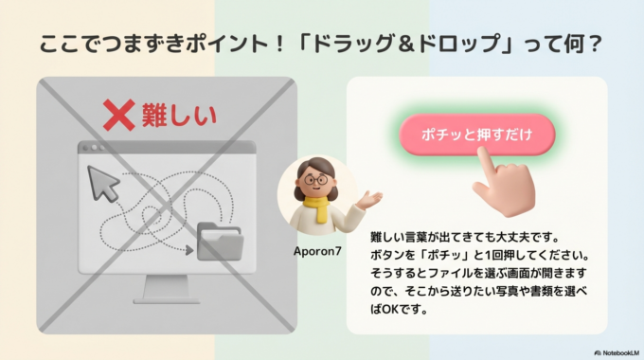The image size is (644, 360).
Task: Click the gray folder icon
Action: (219, 242)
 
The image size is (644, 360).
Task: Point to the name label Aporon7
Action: (317, 252)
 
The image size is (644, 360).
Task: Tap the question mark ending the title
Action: (596, 45)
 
